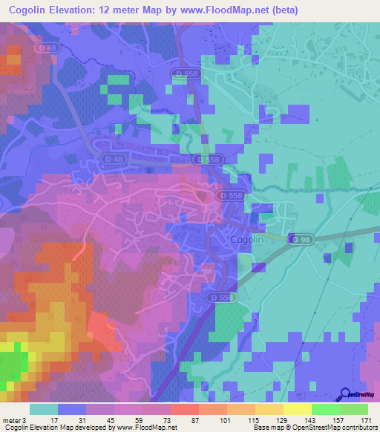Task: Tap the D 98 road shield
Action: click(x=300, y=239)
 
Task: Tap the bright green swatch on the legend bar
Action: click(x=326, y=409)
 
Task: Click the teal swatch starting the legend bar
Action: click(x=44, y=409)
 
